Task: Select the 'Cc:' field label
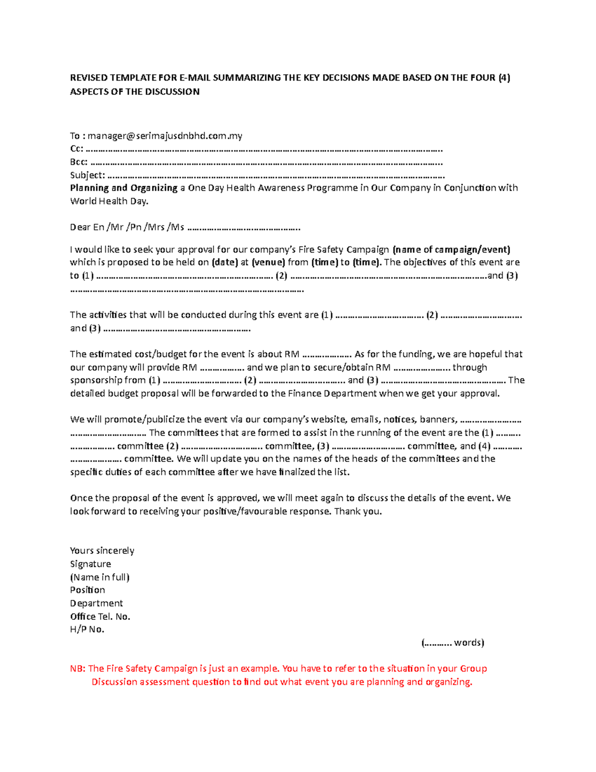pos(76,149)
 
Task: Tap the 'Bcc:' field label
pos(79,162)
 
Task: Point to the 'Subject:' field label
pos(87,175)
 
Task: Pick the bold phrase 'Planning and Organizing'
pos(124,188)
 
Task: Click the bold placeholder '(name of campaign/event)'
pos(451,250)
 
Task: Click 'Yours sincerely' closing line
pos(102,551)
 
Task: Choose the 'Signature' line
pos(90,564)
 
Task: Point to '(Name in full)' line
pos(99,577)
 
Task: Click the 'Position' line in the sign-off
pos(87,590)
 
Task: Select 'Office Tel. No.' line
pos(100,616)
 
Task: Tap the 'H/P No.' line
pos(87,629)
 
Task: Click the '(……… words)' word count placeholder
pos(452,643)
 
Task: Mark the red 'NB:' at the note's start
pos(78,669)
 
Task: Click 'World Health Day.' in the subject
pos(109,201)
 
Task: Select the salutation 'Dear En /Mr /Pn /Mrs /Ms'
pos(127,227)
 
